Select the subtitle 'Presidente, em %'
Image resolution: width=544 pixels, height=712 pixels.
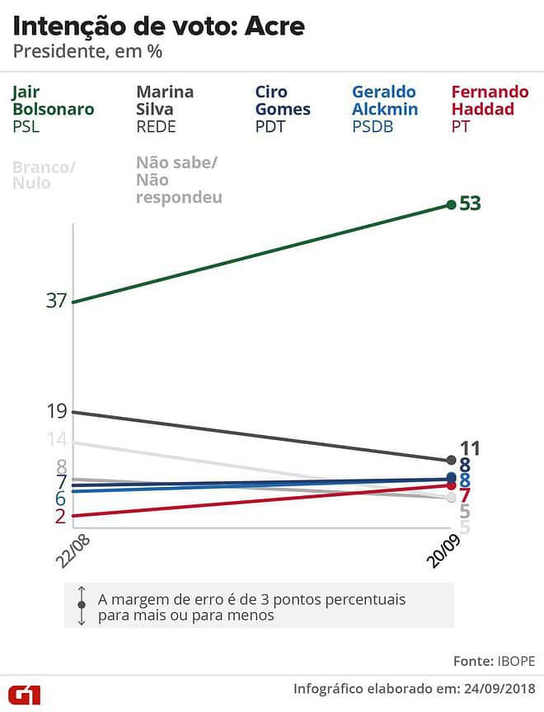point(87,53)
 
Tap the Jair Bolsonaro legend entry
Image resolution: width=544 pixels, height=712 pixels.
point(53,109)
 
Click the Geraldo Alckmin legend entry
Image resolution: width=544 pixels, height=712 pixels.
point(385,109)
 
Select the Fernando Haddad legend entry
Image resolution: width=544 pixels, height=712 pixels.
point(490,109)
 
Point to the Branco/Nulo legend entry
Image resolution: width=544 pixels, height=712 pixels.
point(44,175)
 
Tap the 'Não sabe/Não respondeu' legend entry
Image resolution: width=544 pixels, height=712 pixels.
point(179,180)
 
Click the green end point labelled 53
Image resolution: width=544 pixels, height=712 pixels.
point(451,204)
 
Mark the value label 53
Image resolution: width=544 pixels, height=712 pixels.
point(471,204)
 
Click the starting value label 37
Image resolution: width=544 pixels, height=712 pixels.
point(56,301)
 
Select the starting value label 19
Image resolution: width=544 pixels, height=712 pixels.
point(56,411)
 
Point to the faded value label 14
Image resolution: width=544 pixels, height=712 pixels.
point(56,442)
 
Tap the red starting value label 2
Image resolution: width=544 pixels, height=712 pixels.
point(60,516)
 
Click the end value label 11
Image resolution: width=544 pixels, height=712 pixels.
point(470,449)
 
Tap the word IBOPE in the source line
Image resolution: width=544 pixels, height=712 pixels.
point(515,661)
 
